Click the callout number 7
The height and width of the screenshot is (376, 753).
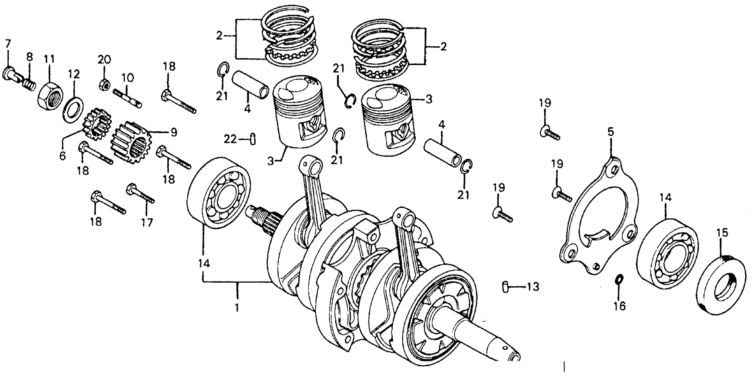pyautogui.click(x=8, y=44)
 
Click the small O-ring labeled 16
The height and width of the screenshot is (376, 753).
pyautogui.click(x=619, y=279)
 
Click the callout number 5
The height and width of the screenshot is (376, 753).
pyautogui.click(x=611, y=132)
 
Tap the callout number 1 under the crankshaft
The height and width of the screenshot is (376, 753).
pyautogui.click(x=237, y=308)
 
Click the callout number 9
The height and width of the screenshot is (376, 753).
pyautogui.click(x=174, y=132)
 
